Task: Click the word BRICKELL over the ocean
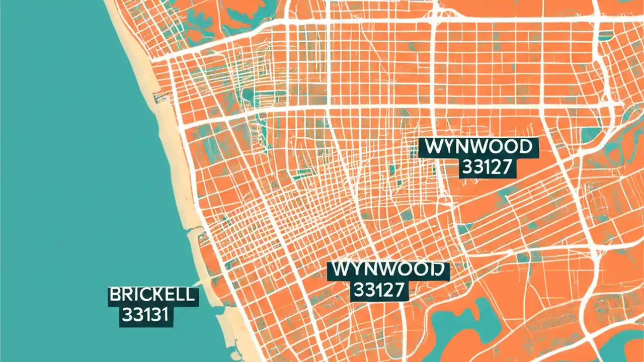[x=151, y=295]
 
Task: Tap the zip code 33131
[x=145, y=315]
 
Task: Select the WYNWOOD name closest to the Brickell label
[x=387, y=270]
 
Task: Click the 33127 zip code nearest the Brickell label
[x=380, y=290]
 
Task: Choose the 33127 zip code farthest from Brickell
[x=488, y=167]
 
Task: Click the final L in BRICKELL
[x=189, y=295]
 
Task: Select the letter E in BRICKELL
[x=169, y=295]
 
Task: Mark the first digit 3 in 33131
[x=126, y=315]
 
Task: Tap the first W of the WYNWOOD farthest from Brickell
[x=434, y=147]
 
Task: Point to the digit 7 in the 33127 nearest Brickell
[x=399, y=290]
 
